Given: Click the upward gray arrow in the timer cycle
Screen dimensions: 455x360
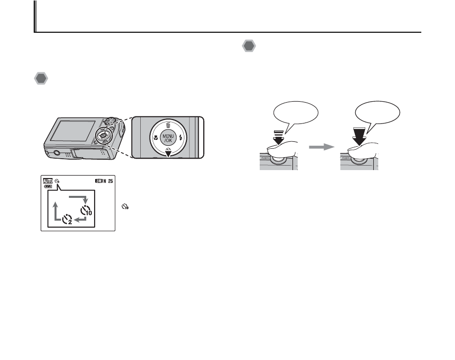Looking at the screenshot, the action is click(x=55, y=207).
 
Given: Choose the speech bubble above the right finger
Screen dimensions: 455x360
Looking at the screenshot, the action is click(x=378, y=114).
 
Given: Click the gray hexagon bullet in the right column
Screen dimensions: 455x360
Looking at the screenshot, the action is click(x=249, y=47).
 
